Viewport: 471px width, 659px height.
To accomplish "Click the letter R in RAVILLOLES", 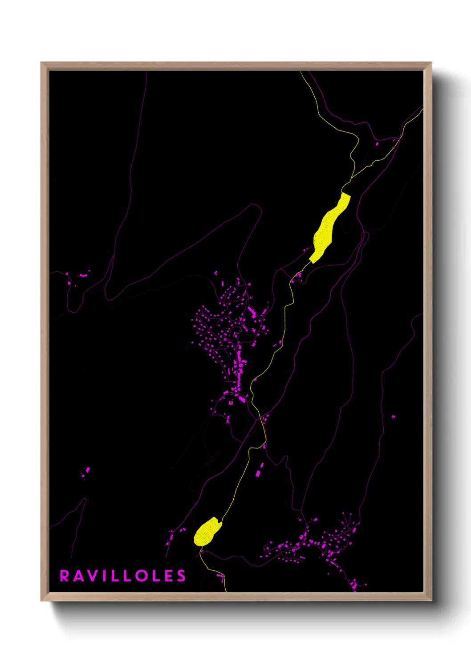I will coord(65,576).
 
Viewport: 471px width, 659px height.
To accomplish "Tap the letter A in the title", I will coord(78,576).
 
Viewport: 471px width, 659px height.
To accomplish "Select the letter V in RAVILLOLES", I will coord(92,576).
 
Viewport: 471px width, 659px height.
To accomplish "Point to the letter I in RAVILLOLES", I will coord(103,576).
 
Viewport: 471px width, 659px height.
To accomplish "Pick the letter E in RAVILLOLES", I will coord(168,576).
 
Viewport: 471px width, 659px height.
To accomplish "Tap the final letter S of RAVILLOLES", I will coord(181,576).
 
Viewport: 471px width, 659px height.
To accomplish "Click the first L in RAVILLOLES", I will coord(114,576).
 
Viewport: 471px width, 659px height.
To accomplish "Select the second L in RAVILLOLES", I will coord(126,576).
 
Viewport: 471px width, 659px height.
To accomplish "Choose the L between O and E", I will coord(155,576).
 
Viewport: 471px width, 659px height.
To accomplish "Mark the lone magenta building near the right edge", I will coord(393,417).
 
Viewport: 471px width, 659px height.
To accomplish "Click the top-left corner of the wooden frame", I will coord(41,63).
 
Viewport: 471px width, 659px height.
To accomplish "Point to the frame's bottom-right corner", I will coord(431,600).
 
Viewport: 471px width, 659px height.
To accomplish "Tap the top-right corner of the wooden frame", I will coord(431,63).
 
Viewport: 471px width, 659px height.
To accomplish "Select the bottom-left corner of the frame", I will coord(41,600).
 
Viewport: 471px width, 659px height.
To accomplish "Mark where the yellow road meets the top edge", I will coord(300,72).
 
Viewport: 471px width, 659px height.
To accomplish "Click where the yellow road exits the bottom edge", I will coord(226,591).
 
